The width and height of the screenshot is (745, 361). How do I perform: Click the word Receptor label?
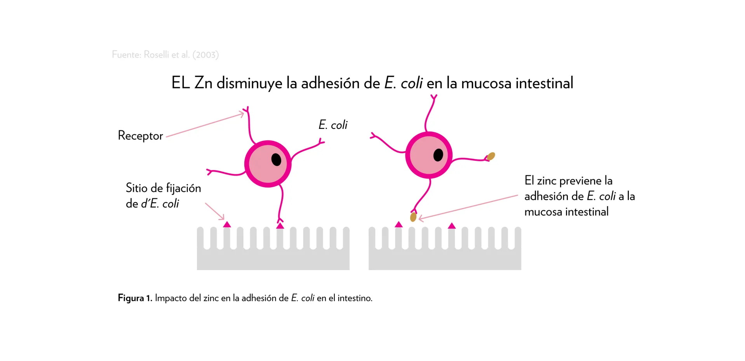pos(140,135)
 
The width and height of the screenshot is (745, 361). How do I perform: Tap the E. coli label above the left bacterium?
pos(333,125)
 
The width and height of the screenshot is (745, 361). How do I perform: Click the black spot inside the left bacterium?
pos(276,160)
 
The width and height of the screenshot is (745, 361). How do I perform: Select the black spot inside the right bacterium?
pos(438,155)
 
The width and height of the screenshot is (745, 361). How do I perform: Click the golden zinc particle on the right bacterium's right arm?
pos(491,156)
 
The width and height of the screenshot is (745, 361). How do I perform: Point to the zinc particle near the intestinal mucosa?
pos(413,217)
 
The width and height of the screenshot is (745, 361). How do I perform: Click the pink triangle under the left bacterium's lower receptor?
pos(280,226)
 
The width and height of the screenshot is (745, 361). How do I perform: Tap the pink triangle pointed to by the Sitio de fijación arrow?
pos(227,224)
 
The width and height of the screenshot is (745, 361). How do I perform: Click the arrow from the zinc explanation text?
pos(468,207)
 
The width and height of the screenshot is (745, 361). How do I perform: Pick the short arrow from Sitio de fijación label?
pos(215,211)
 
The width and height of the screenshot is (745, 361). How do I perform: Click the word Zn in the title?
pos(203,83)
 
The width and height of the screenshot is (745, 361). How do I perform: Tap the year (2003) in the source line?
pos(205,55)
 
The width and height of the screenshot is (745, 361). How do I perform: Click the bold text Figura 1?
pos(135,298)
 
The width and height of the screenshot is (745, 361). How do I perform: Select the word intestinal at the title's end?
pos(544,83)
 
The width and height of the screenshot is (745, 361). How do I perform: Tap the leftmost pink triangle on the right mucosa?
pos(399,224)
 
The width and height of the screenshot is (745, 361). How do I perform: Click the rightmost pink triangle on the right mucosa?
pos(452,226)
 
